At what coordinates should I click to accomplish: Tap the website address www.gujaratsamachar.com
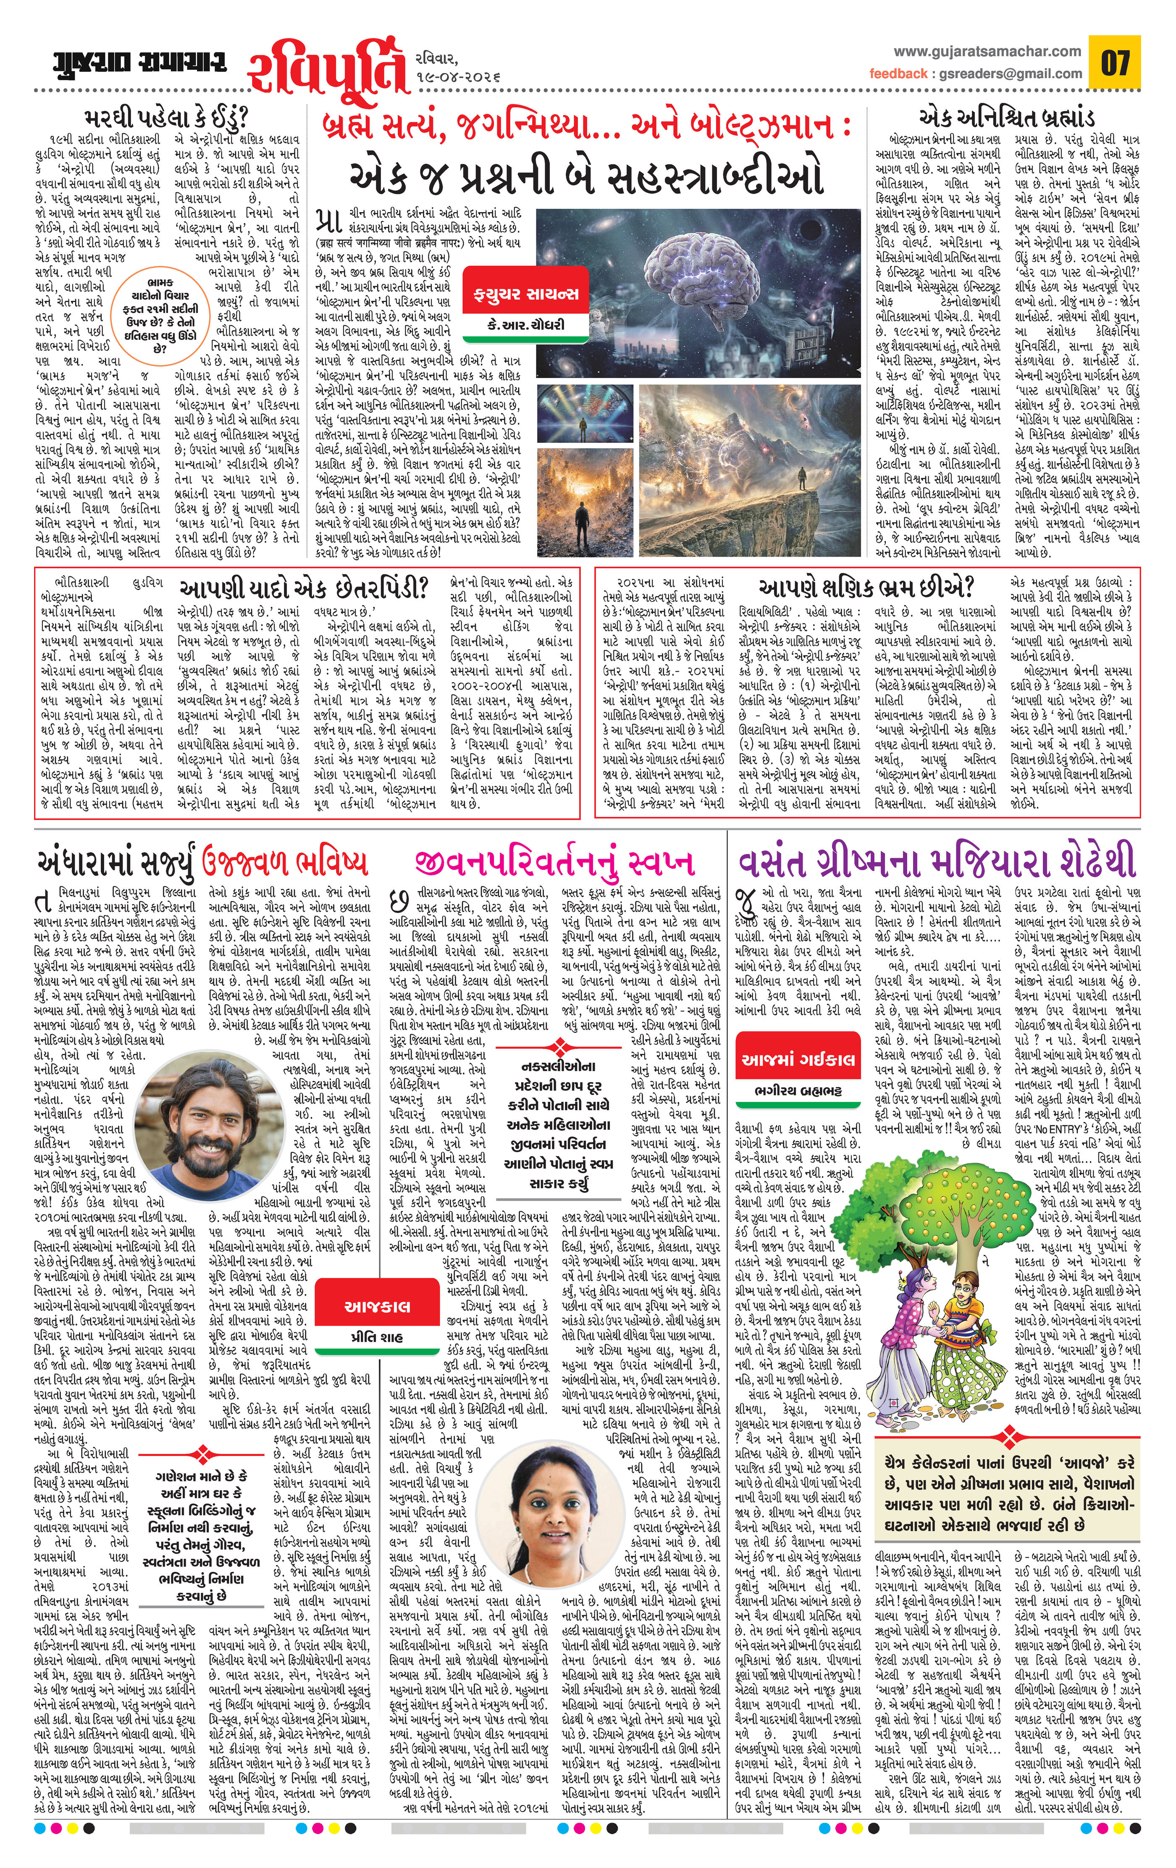click(987, 51)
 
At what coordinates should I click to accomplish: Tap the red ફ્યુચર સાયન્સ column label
click(526, 293)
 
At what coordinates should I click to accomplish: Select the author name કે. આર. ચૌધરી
click(526, 324)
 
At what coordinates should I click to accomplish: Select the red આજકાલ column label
click(377, 1306)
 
